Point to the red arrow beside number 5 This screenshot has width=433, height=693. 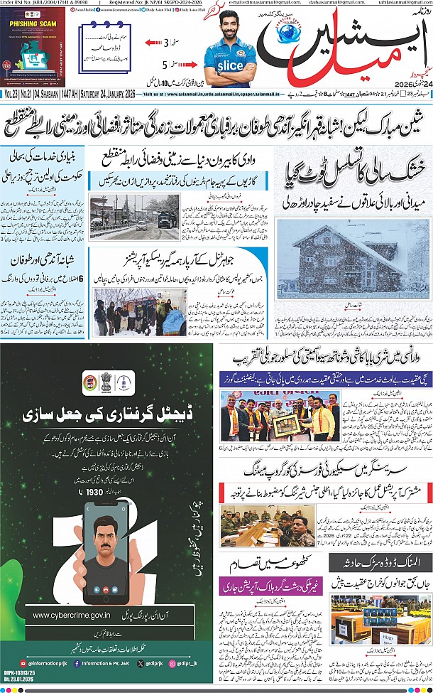point(156,66)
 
